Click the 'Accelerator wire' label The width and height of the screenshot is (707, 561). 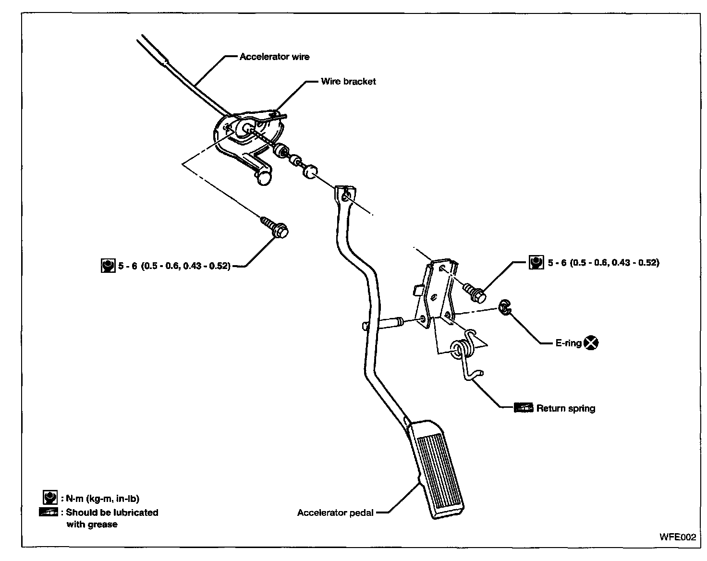click(x=274, y=57)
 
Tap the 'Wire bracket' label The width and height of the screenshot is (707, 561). click(x=348, y=82)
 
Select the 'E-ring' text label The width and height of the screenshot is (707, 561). click(x=568, y=343)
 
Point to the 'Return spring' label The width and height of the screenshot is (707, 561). click(x=566, y=409)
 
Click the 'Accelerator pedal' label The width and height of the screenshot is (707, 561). click(x=335, y=512)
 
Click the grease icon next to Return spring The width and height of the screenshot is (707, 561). click(x=524, y=408)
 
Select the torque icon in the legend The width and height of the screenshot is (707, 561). click(x=50, y=498)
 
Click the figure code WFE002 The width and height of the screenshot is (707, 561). click(x=677, y=537)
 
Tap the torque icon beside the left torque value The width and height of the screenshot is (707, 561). click(x=108, y=266)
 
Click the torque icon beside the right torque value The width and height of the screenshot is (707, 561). click(x=536, y=262)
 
